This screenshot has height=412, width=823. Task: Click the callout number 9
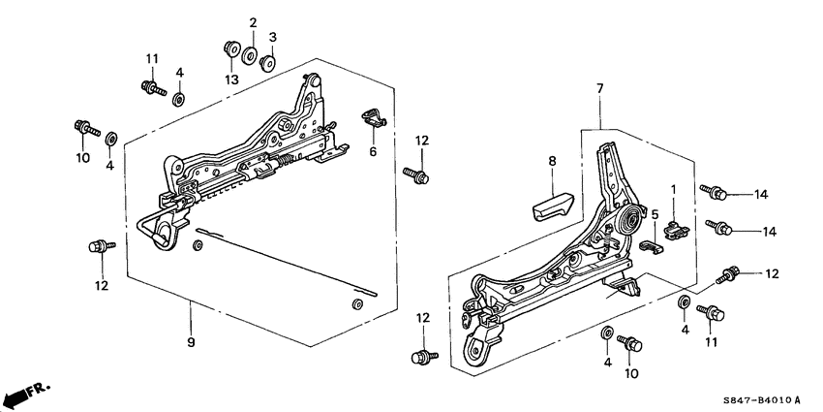[191, 342]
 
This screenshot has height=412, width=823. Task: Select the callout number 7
[599, 89]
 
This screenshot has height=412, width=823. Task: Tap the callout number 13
[230, 79]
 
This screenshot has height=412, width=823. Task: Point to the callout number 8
[552, 164]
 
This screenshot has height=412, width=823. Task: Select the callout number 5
[655, 214]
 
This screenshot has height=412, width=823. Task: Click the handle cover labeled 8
[551, 205]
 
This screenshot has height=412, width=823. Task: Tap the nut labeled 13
[230, 46]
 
